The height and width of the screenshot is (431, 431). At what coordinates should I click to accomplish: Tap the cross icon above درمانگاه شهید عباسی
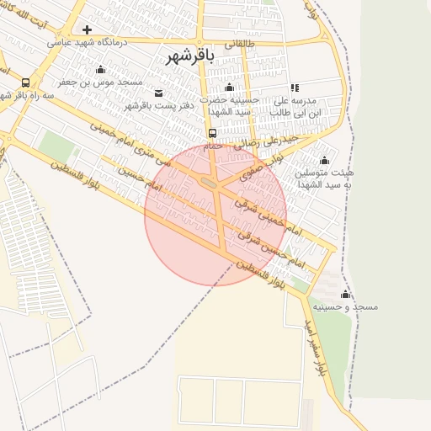click(x=87, y=29)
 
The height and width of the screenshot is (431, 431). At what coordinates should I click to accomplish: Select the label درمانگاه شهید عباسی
click(x=90, y=41)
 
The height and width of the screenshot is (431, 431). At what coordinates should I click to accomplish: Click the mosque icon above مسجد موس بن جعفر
click(x=102, y=70)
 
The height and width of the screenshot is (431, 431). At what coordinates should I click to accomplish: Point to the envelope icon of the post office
click(x=160, y=92)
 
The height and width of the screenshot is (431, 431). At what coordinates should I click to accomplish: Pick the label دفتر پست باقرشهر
click(x=160, y=105)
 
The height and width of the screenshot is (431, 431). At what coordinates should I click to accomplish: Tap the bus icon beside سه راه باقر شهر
click(x=26, y=83)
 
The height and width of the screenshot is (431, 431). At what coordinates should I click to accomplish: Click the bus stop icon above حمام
click(x=212, y=133)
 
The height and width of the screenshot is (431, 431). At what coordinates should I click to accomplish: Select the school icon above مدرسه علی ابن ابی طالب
click(x=295, y=88)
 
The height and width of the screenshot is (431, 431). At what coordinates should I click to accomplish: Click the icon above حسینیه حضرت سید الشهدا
click(x=230, y=88)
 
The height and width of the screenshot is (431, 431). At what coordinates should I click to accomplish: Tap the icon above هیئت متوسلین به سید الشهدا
click(x=325, y=160)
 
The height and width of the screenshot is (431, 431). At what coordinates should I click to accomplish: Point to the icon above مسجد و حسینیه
click(x=345, y=295)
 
